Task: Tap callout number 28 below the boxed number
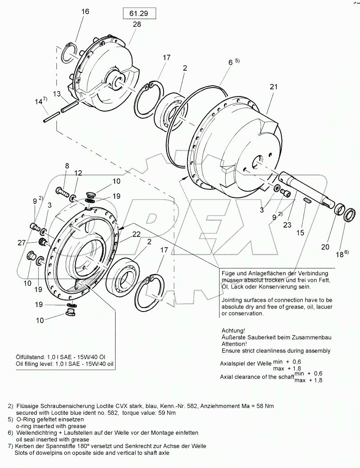(x=136, y=25)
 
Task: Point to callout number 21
(x=273, y=87)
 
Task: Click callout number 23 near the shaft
(x=287, y=225)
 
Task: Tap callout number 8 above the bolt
(x=67, y=166)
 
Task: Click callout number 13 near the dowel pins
(x=56, y=94)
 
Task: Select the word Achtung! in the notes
(x=233, y=331)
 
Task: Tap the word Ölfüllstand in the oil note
(x=30, y=356)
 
